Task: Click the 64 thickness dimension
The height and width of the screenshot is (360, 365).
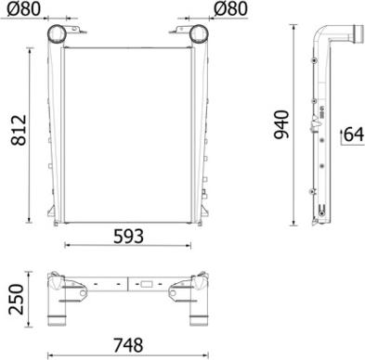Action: click(x=353, y=134)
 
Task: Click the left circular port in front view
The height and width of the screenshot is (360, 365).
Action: click(x=57, y=34)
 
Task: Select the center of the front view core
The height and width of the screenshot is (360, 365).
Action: click(x=127, y=130)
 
